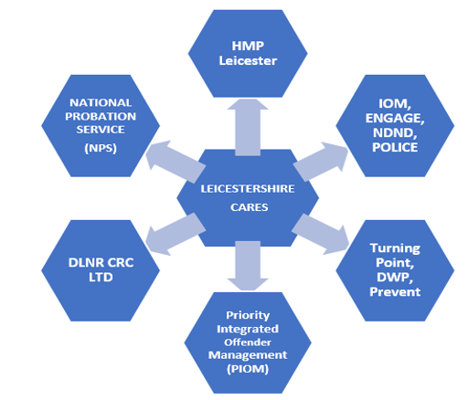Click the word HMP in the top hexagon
tap(248, 46)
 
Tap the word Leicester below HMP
tap(248, 60)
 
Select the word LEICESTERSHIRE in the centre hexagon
tap(248, 189)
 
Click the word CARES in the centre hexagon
tap(249, 207)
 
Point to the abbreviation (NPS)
tap(101, 148)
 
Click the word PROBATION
tap(101, 116)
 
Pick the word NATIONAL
tap(101, 102)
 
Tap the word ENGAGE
tap(395, 118)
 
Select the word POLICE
tap(395, 147)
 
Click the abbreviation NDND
tap(395, 133)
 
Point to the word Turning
tap(395, 248)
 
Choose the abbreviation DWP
tap(395, 278)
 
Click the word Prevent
tap(395, 292)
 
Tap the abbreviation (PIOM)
tap(248, 369)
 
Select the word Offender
tap(248, 342)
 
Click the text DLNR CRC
tap(101, 263)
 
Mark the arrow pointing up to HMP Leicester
tap(248, 127)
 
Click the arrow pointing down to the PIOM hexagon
tap(248, 266)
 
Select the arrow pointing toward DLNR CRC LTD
tap(175, 234)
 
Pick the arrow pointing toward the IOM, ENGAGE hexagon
tap(321, 162)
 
